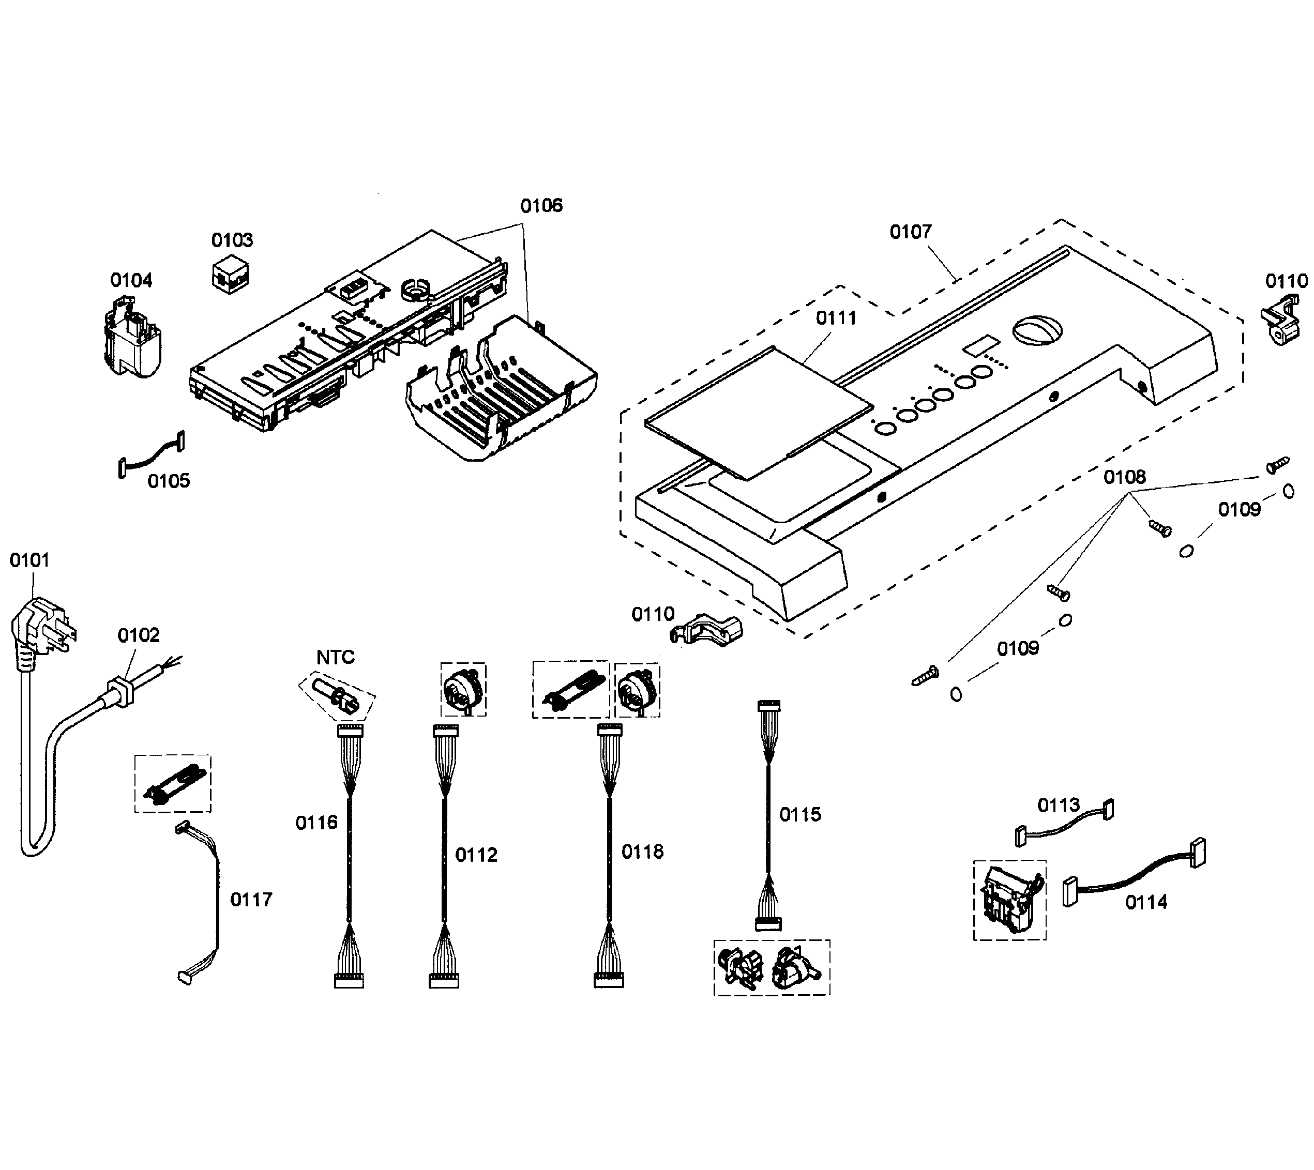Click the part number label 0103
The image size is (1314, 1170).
[232, 240]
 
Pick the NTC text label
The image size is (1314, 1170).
[335, 657]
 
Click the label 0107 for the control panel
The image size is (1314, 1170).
[910, 232]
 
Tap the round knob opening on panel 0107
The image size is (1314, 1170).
[1036, 330]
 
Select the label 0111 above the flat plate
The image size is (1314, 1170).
[836, 318]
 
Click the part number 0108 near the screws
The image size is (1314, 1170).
[1124, 477]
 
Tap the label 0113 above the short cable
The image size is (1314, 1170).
[1058, 805]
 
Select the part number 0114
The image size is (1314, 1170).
[1146, 903]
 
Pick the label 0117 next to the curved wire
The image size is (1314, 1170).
[251, 900]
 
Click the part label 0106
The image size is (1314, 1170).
[541, 206]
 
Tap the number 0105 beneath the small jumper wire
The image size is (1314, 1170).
[169, 481]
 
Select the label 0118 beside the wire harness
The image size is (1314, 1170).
[642, 852]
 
